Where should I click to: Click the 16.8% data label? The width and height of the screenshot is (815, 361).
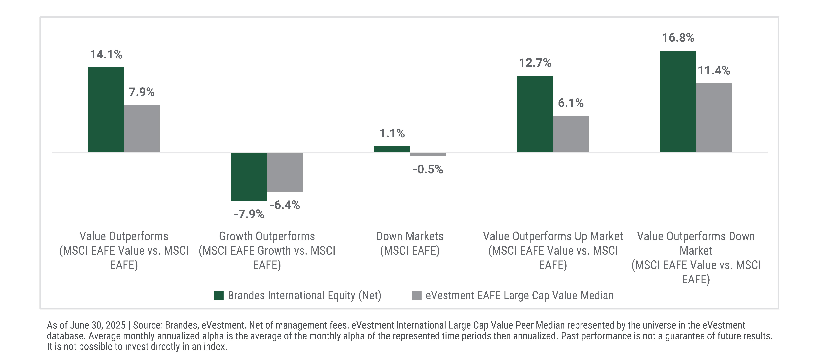pos(678,38)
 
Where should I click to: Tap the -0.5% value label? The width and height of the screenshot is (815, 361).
pos(428,169)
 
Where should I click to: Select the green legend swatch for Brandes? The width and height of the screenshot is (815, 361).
pos(219,295)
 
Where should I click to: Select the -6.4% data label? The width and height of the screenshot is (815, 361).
pos(285,205)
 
